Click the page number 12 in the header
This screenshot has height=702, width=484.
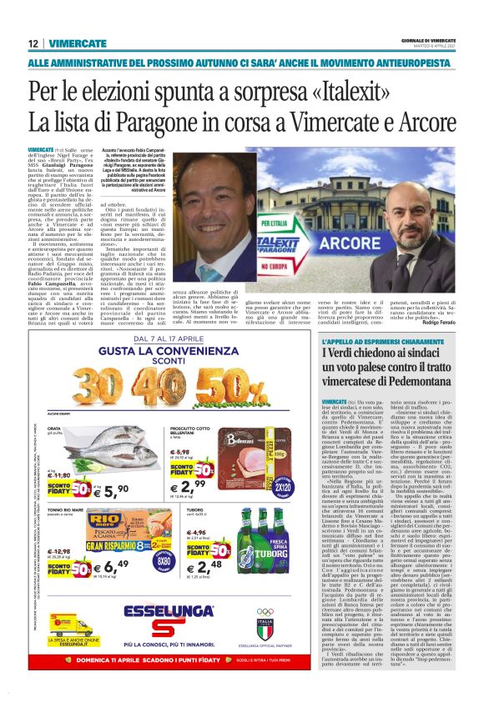pos(33,43)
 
